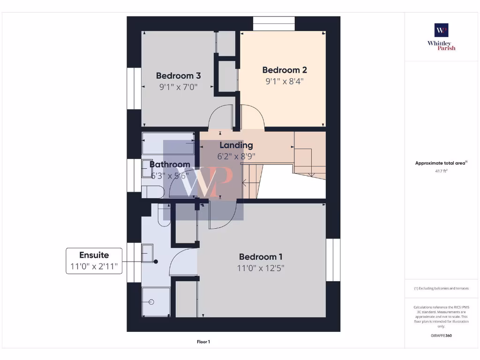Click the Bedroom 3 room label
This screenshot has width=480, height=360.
click(x=179, y=75)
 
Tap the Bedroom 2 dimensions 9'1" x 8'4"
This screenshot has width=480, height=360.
click(x=285, y=81)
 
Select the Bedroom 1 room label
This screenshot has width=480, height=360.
click(x=261, y=257)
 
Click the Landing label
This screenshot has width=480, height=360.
click(x=236, y=145)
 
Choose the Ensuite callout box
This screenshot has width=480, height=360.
click(x=94, y=261)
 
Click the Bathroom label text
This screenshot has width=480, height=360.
click(x=170, y=165)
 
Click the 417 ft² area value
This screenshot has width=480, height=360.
click(x=441, y=171)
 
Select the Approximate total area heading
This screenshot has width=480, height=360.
click(x=441, y=163)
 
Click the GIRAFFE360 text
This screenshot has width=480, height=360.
click(x=441, y=336)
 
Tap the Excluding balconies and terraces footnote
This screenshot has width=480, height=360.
click(x=441, y=288)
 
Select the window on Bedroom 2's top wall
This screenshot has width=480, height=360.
click(x=274, y=23)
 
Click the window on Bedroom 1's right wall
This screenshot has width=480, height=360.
click(x=333, y=260)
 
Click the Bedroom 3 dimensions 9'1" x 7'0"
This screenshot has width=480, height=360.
click(x=179, y=87)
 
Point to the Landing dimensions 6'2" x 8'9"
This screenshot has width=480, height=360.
click(x=236, y=157)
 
